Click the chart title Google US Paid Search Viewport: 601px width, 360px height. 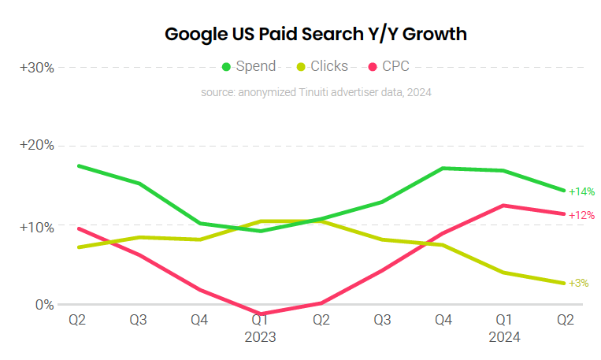pyautogui.click(x=315, y=35)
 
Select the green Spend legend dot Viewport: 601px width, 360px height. pyautogui.click(x=227, y=66)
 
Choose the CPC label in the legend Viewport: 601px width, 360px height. pyautogui.click(x=395, y=66)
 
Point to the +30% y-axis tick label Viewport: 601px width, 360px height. pyautogui.click(x=37, y=68)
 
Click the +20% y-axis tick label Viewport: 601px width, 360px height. pyautogui.click(x=37, y=146)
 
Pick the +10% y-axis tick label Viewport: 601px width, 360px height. pyautogui.click(x=37, y=227)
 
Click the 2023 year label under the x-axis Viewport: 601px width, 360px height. pyautogui.click(x=259, y=336)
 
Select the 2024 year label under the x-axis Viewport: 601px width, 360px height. pyautogui.click(x=504, y=336)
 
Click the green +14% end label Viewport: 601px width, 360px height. pyautogui.click(x=581, y=191)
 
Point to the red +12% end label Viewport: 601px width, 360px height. pyautogui.click(x=581, y=215)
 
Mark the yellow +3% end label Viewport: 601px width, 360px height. pyautogui.click(x=578, y=283)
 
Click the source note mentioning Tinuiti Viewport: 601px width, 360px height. pyautogui.click(x=316, y=92)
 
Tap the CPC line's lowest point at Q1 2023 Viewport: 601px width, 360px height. pyautogui.click(x=259, y=314)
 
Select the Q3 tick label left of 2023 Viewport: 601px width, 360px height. pyautogui.click(x=138, y=320)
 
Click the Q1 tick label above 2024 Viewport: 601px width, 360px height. pyautogui.click(x=504, y=320)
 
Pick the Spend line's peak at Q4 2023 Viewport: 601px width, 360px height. pyautogui.click(x=443, y=168)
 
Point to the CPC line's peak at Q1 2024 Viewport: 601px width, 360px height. pyautogui.click(x=504, y=206)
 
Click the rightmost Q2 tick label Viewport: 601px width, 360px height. pyautogui.click(x=566, y=320)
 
